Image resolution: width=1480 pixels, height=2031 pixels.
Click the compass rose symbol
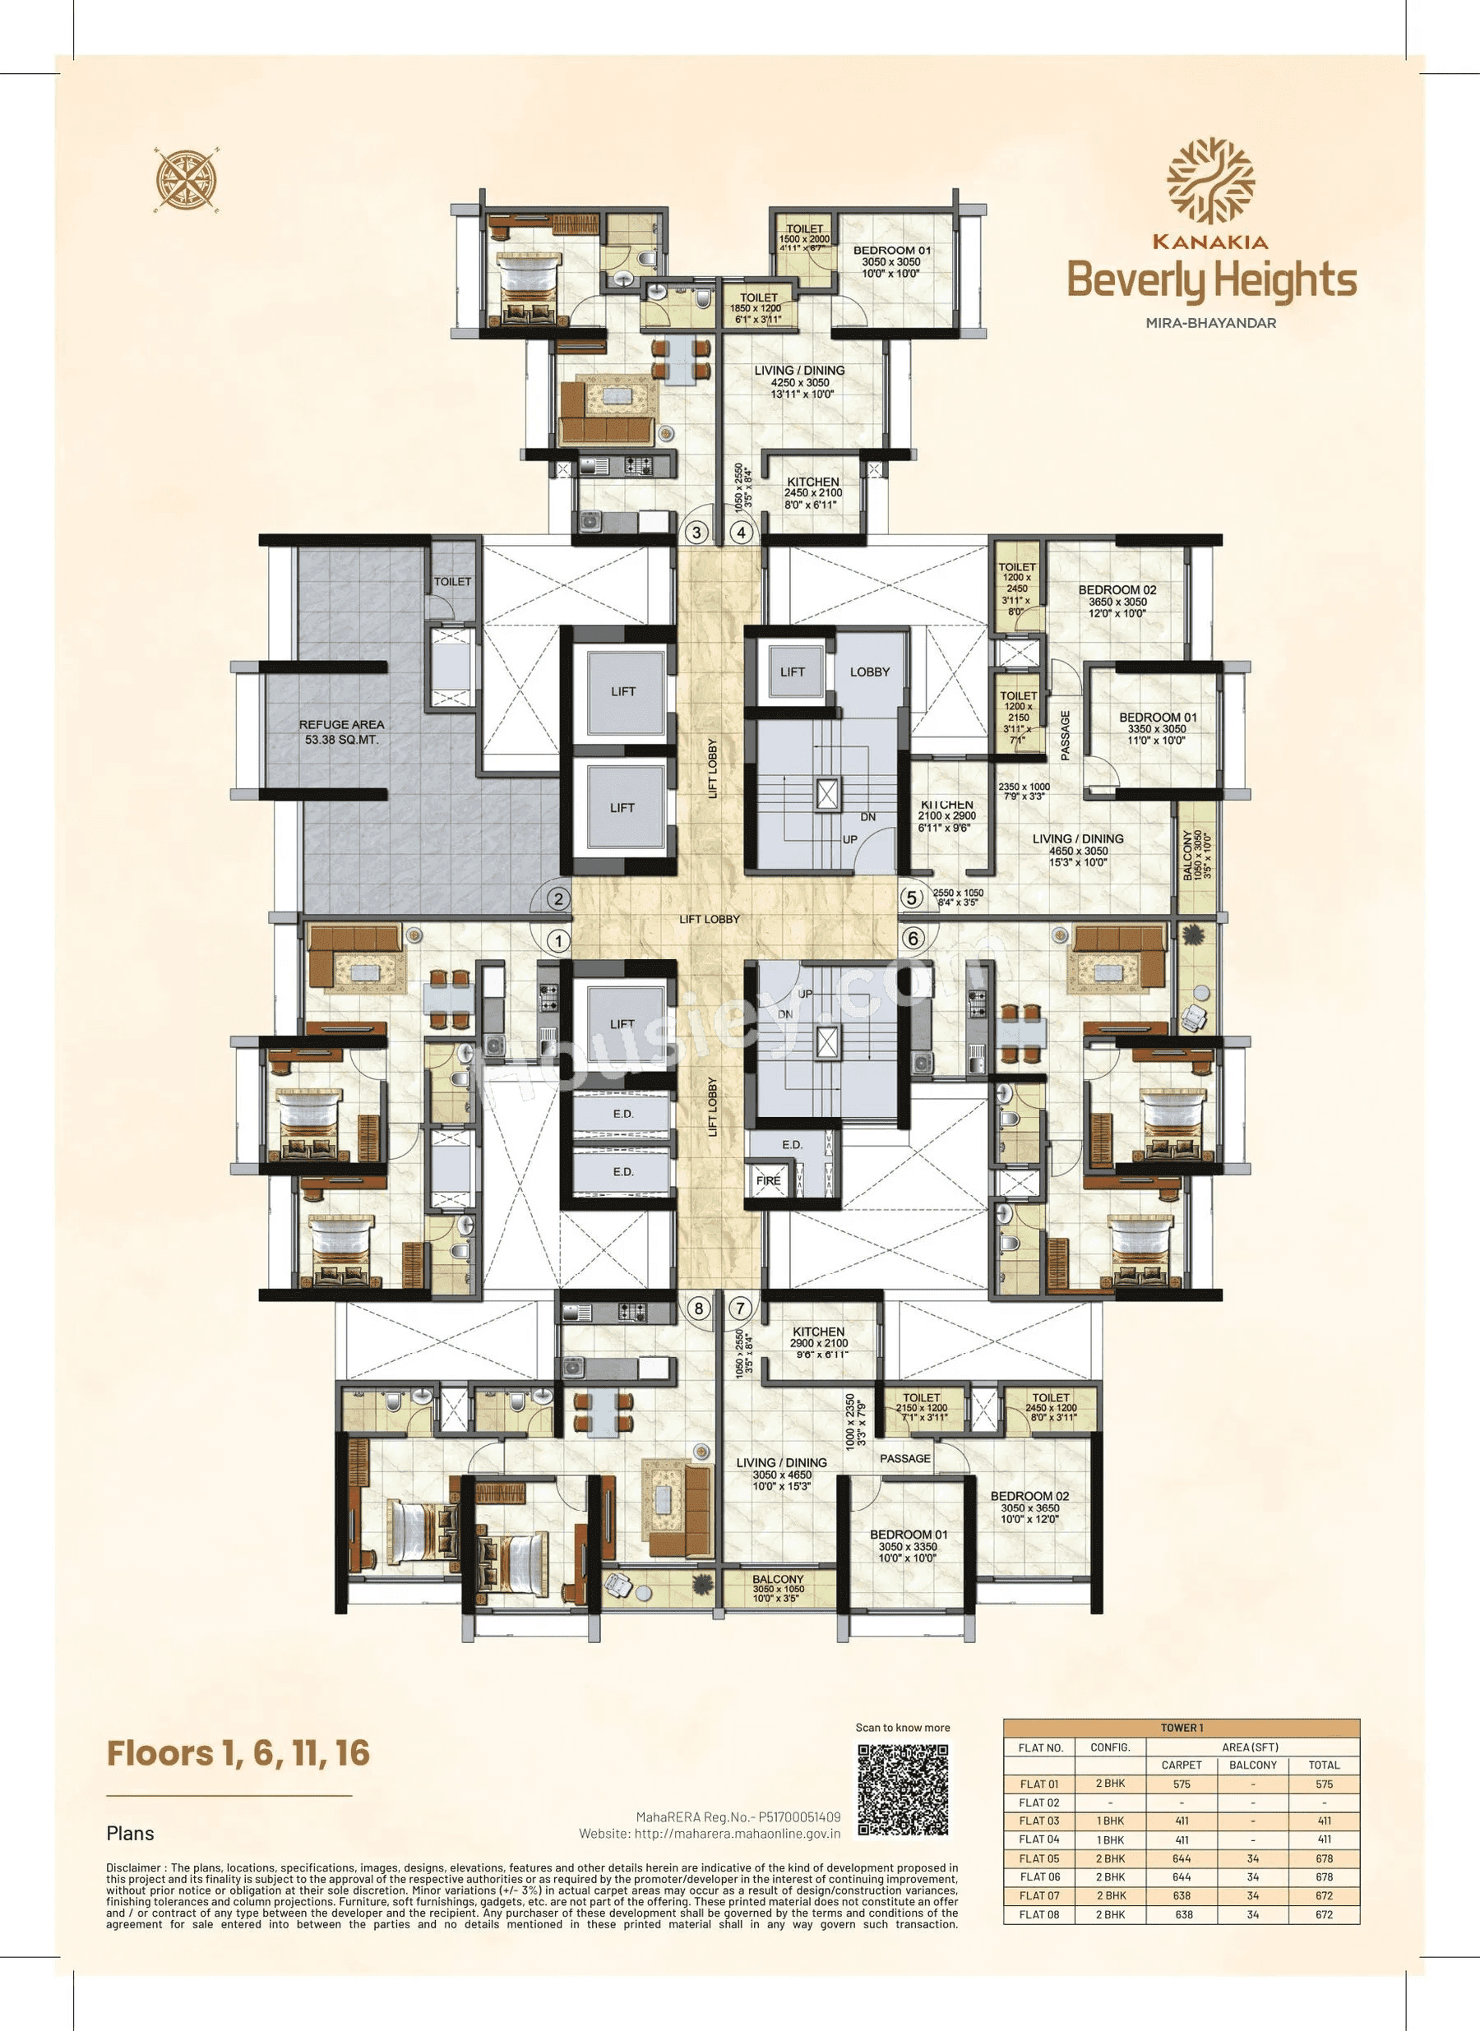click(x=187, y=179)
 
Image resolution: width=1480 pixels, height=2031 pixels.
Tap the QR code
click(x=902, y=1789)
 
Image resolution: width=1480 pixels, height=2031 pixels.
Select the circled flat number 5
click(x=912, y=898)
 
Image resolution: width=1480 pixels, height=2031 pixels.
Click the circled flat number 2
click(x=558, y=898)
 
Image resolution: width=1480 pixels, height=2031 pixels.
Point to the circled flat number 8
click(x=699, y=1309)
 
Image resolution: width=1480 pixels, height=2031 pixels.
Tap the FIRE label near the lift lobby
click(x=768, y=1180)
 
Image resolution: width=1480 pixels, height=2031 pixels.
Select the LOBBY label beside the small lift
click(x=869, y=672)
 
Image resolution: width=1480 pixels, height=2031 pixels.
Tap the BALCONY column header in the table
click(x=1252, y=1764)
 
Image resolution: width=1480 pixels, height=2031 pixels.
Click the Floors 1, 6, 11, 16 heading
click(x=238, y=1752)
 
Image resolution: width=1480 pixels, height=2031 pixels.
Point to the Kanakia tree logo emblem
click(x=1209, y=180)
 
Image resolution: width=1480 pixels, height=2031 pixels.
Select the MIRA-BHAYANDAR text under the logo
click(x=1210, y=322)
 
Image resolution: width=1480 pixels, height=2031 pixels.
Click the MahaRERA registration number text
click(x=738, y=1817)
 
